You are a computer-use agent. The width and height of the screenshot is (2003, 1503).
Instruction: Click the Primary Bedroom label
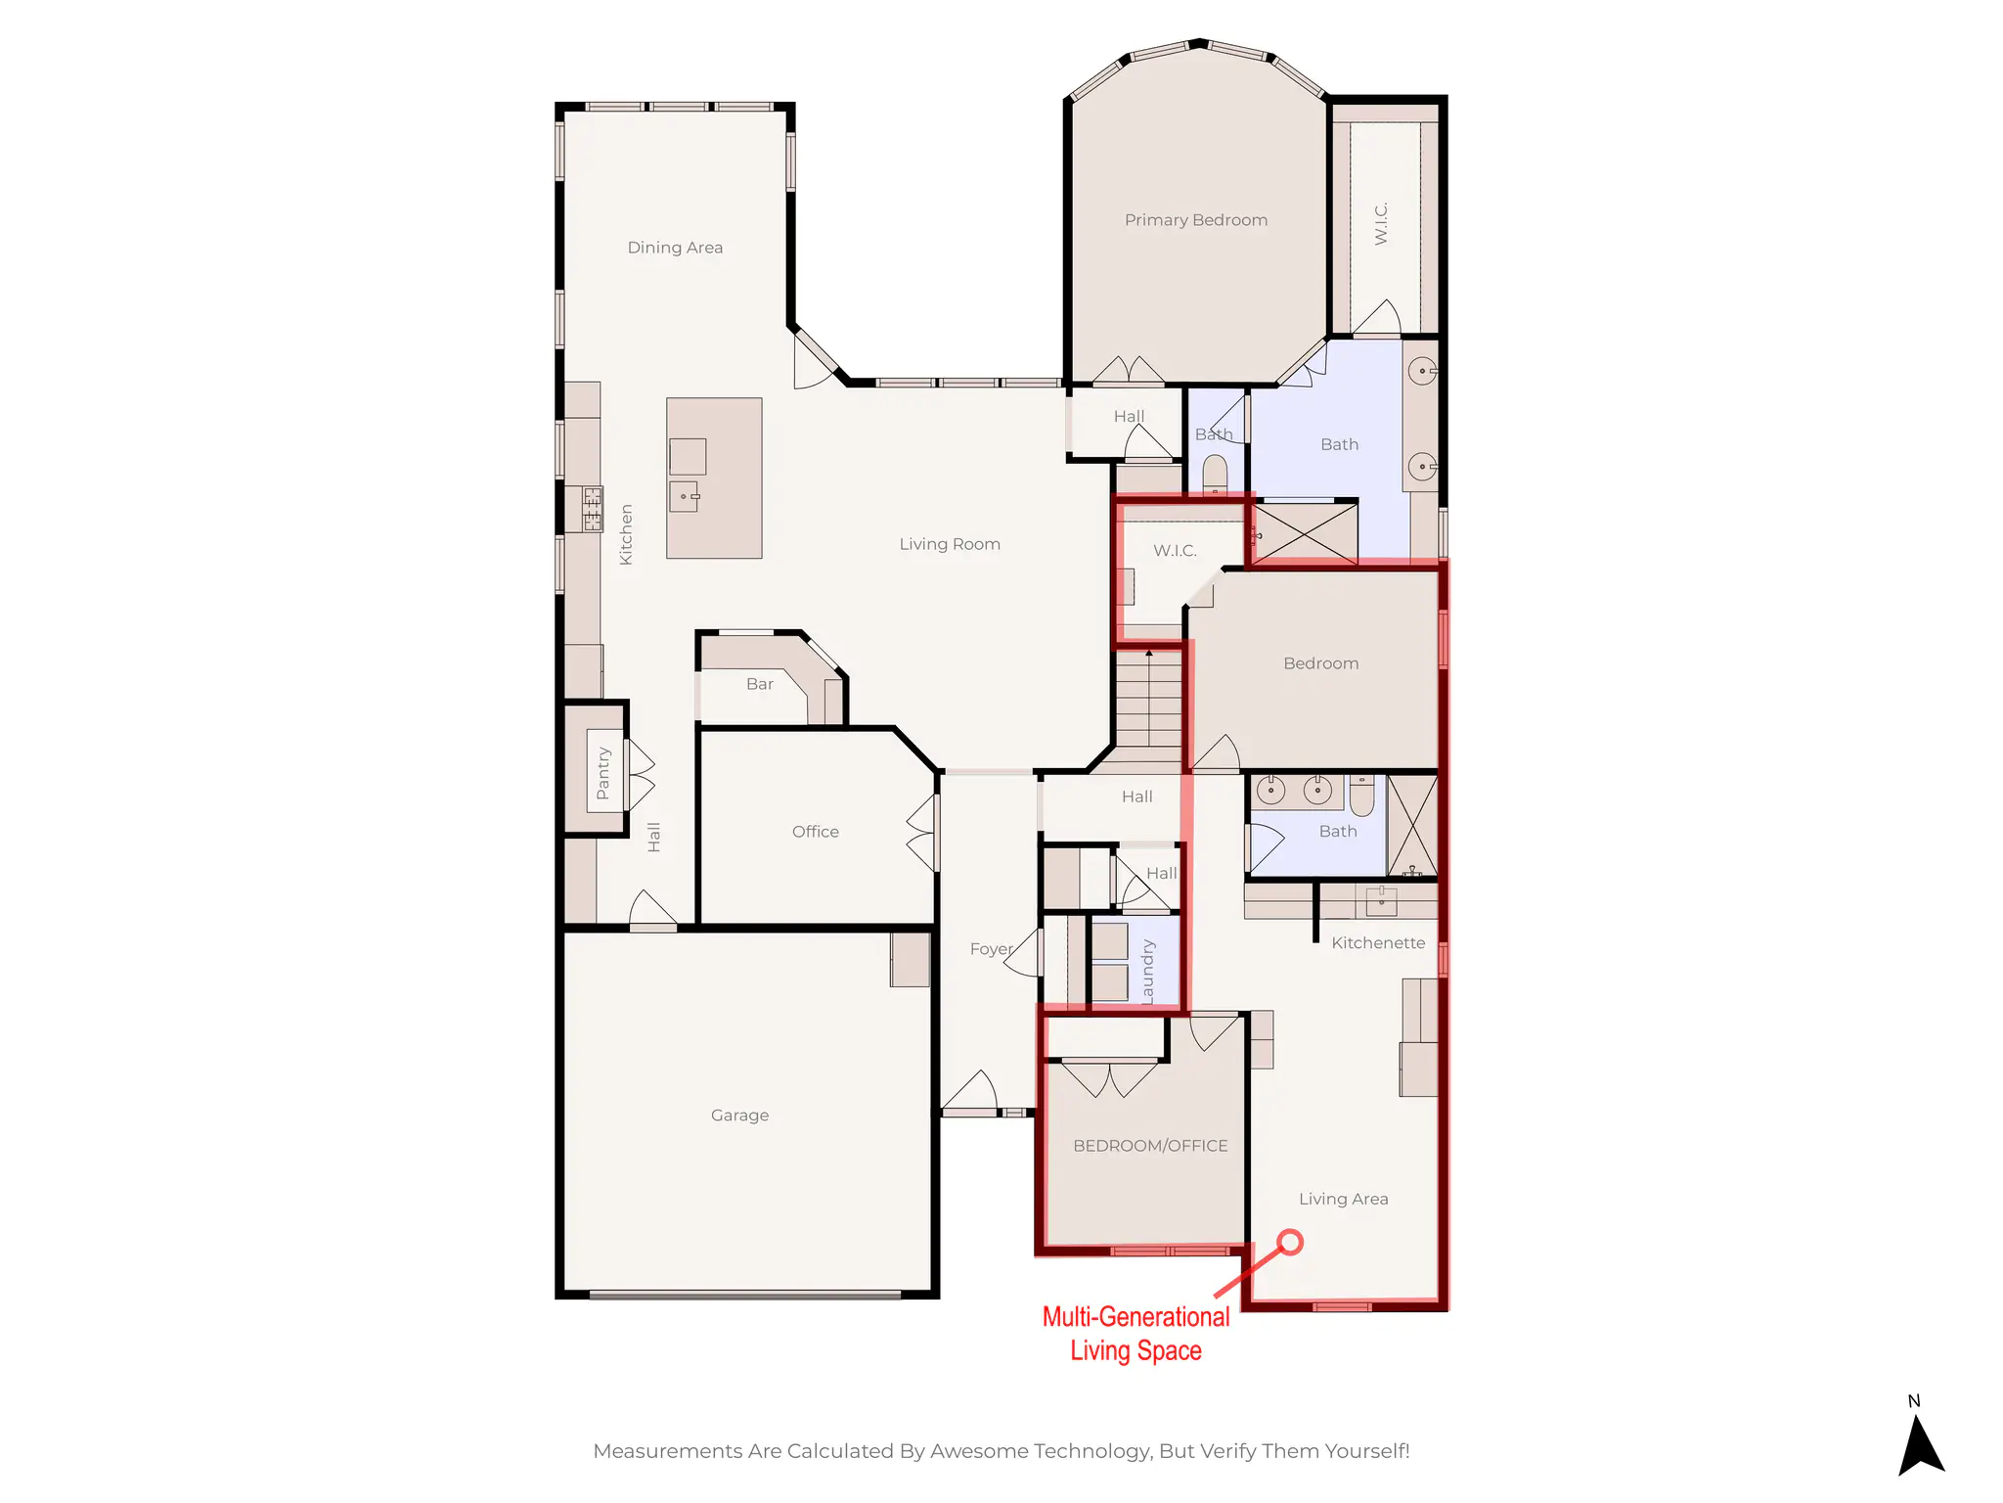pyautogui.click(x=1195, y=220)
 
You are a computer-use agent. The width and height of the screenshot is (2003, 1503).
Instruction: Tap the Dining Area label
pyautogui.click(x=675, y=248)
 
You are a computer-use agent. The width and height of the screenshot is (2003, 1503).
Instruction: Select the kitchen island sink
pyautogui.click(x=684, y=496)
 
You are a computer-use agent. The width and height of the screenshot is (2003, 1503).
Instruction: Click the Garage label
pyautogui.click(x=739, y=1116)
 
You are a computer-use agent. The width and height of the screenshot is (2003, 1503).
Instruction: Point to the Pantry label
pyautogui.click(x=602, y=773)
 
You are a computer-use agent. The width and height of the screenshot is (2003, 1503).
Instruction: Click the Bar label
pyautogui.click(x=759, y=684)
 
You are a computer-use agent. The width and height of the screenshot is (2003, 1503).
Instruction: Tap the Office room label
pyautogui.click(x=815, y=832)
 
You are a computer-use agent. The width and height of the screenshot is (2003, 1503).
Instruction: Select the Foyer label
pyautogui.click(x=991, y=949)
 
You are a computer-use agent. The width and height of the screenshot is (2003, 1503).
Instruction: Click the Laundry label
pyautogui.click(x=1147, y=972)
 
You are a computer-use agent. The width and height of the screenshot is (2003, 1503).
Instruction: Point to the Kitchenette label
pyautogui.click(x=1377, y=943)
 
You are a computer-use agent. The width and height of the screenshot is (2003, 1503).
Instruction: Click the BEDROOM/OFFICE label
pyautogui.click(x=1150, y=1146)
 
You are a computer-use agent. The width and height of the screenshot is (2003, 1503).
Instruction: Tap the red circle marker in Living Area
pyautogui.click(x=1290, y=1242)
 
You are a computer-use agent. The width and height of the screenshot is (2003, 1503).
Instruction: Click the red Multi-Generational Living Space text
pyautogui.click(x=1135, y=1334)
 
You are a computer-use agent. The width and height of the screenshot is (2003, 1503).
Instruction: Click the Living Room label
pyautogui.click(x=949, y=544)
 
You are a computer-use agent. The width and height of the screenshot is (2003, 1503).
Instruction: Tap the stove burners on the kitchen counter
pyautogui.click(x=593, y=509)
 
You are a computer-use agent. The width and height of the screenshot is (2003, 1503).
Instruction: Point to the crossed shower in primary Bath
pyautogui.click(x=1305, y=533)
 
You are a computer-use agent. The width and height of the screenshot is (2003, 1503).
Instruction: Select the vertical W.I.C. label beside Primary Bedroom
pyautogui.click(x=1380, y=223)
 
